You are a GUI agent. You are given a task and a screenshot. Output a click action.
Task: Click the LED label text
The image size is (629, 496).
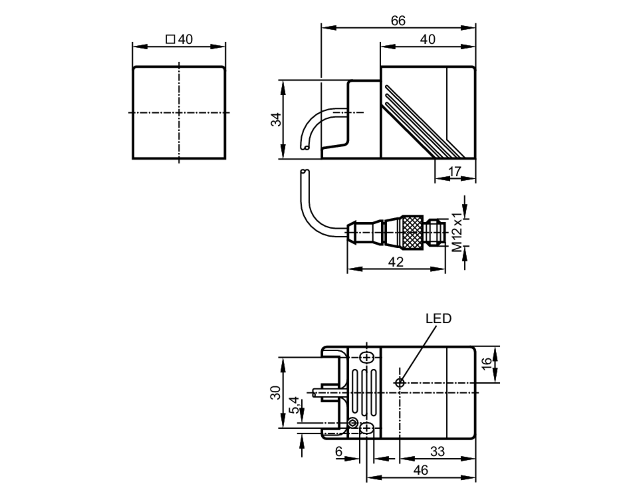(438, 319)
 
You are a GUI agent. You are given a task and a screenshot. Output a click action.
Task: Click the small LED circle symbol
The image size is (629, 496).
(399, 383)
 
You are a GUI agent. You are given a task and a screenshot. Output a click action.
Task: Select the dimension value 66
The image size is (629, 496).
(398, 21)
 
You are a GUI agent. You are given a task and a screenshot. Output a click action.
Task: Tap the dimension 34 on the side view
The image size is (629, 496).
(276, 119)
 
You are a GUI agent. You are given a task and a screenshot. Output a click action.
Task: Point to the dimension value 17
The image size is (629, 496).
(454, 172)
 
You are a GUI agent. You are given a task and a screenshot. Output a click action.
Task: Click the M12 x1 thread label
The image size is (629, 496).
(457, 232)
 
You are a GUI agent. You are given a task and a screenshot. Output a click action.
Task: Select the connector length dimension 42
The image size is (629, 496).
(395, 262)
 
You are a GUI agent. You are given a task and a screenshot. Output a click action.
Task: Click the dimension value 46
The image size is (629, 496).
(420, 470)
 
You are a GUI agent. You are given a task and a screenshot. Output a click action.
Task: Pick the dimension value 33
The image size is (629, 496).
(437, 452)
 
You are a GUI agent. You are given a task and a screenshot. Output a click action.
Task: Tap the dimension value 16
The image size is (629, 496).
(486, 364)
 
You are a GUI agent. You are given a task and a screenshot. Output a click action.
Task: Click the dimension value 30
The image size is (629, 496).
(276, 393)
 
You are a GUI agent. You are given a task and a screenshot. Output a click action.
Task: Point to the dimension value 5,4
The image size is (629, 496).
(294, 405)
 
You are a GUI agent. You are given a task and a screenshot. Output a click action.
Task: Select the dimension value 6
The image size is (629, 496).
(338, 452)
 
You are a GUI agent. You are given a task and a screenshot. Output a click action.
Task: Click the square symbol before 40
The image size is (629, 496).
(170, 39)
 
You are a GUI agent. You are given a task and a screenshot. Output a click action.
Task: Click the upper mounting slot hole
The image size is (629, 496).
(366, 358)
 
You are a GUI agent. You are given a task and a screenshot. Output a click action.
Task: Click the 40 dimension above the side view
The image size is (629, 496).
(428, 39)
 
